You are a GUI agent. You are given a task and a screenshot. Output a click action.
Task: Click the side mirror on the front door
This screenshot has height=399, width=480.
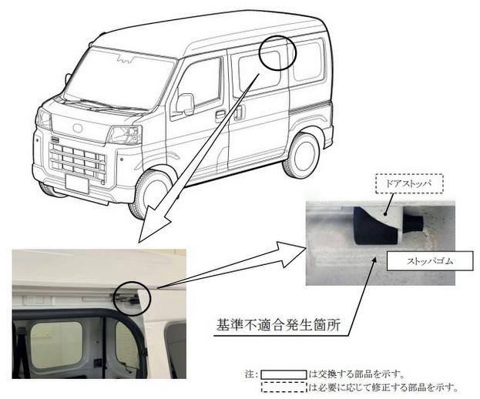[185, 103]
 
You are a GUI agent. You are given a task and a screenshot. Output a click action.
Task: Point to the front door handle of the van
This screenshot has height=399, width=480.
[220, 115]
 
